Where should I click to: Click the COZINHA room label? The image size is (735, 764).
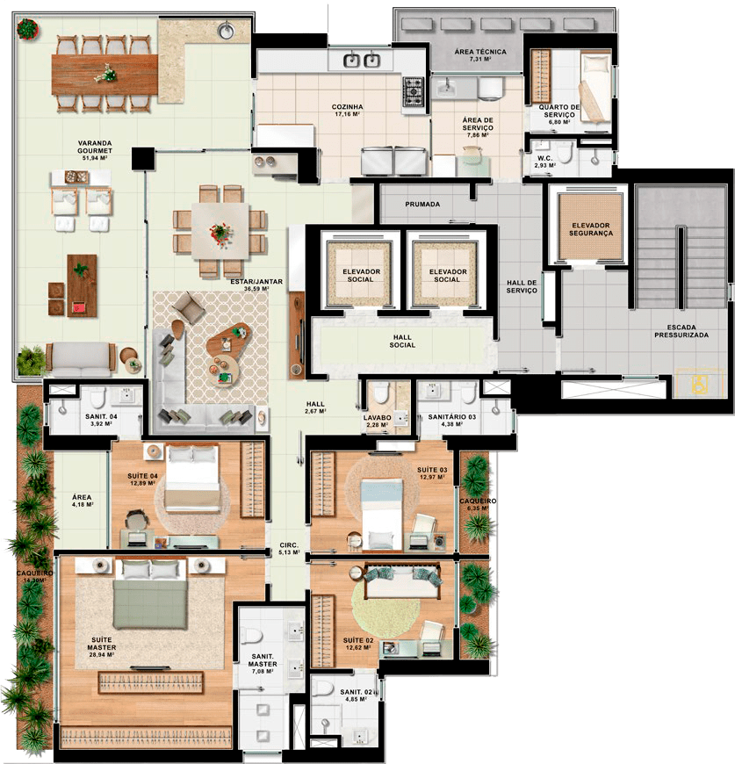coord(347,107)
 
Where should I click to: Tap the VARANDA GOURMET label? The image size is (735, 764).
coord(95,148)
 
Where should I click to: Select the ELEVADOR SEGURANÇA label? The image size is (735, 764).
coord(591,229)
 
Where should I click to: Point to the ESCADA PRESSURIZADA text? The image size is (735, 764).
coord(681,331)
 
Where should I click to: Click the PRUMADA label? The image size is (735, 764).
coord(422,204)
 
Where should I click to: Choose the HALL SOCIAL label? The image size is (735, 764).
coord(402,341)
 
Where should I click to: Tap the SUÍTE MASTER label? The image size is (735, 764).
coord(102,644)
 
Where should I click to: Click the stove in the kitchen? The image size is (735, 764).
coord(413,91)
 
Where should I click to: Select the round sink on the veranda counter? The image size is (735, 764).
coord(226,31)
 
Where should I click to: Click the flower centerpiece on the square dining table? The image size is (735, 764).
coord(220,233)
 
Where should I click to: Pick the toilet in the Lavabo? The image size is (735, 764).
coord(380,393)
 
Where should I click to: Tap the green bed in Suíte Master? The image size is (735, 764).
coord(150,595)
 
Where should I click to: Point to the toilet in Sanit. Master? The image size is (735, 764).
coord(252,636)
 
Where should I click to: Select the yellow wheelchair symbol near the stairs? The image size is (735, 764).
coord(699,384)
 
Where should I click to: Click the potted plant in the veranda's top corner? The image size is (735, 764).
coord(27,29)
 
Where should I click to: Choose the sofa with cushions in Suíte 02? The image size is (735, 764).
coord(403,581)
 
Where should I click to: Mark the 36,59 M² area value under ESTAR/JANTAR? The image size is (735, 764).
coord(256,289)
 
